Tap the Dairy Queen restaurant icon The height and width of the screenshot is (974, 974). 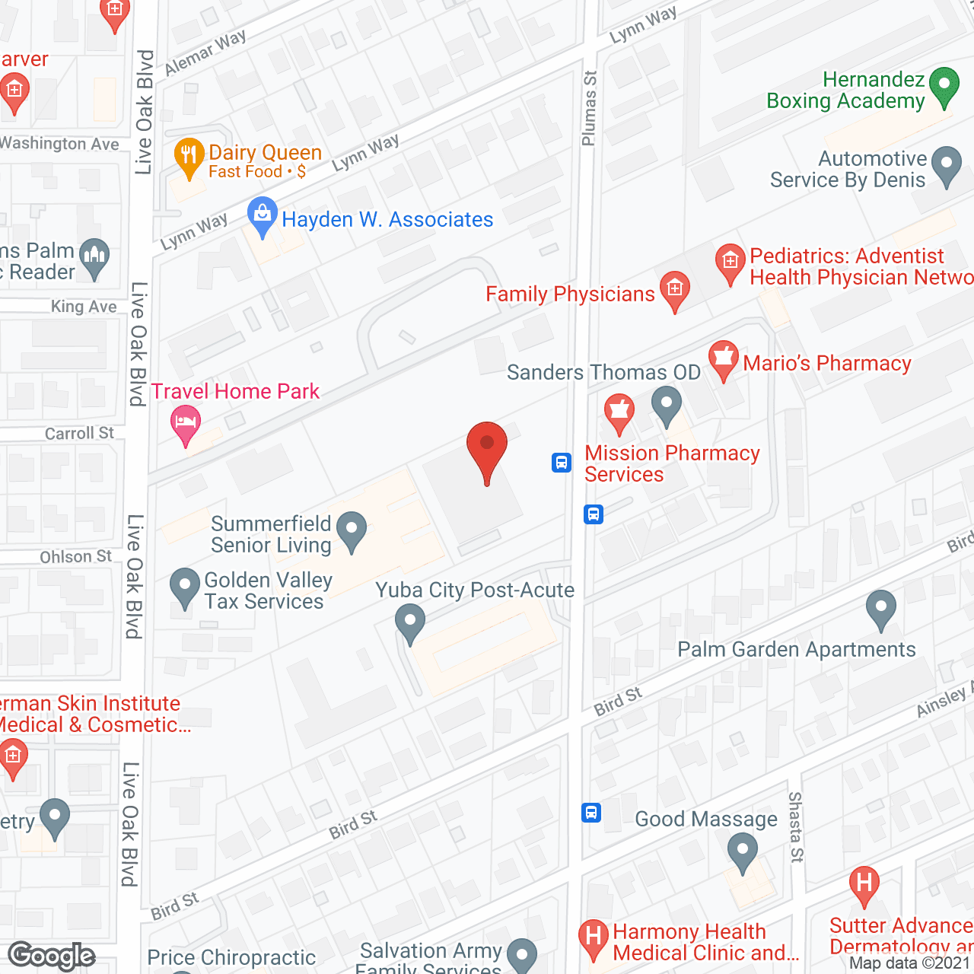tap(188, 155)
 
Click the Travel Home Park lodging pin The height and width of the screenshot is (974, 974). tap(185, 423)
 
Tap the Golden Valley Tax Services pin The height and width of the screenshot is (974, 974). tap(184, 587)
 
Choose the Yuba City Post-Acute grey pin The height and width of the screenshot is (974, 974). tap(410, 622)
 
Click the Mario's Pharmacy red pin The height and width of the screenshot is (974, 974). tap(723, 359)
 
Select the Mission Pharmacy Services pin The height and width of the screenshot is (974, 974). tap(619, 413)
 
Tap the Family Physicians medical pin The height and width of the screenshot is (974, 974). tap(674, 290)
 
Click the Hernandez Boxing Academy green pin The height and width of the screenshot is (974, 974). tap(944, 86)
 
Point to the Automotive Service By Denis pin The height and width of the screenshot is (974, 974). tap(947, 166)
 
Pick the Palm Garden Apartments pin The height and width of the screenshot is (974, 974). tap(881, 610)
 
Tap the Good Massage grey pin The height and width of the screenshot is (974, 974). tap(742, 851)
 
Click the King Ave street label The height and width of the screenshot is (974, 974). tap(84, 307)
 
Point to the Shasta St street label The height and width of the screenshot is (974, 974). tap(795, 826)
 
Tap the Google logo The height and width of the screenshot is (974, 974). tap(52, 956)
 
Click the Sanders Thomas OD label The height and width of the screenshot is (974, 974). tap(603, 373)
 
